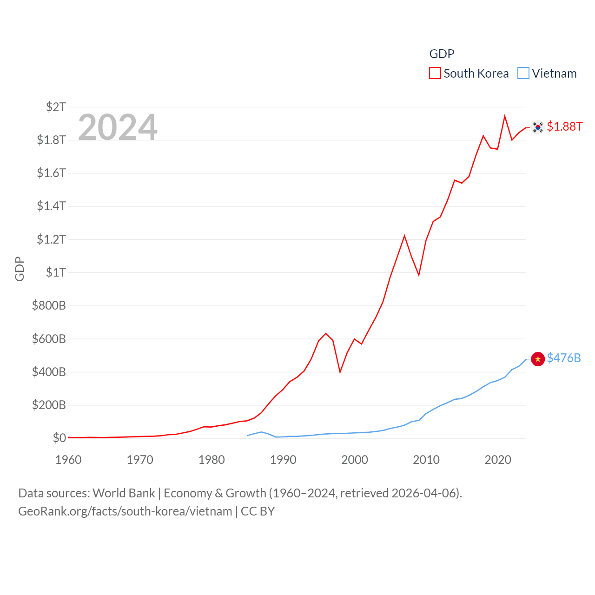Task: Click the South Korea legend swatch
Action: (435, 73)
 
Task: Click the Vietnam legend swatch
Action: (523, 73)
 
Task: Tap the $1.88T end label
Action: (564, 126)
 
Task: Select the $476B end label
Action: (563, 358)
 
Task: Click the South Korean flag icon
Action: (538, 127)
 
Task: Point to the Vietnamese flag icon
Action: (538, 359)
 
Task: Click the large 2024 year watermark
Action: (118, 127)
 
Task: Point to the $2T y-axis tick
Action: (56, 107)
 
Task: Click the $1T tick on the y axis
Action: (56, 272)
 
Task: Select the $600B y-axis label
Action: (49, 339)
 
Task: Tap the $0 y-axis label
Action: (59, 438)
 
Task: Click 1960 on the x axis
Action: (68, 460)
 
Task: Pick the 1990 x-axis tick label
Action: (283, 460)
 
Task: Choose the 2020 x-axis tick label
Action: (498, 460)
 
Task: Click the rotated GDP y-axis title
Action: (20, 269)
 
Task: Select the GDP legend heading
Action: (442, 54)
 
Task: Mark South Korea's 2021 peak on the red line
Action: (505, 117)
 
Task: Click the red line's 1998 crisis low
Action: (340, 372)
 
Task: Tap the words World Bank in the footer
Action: (124, 493)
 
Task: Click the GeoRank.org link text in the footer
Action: (125, 511)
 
